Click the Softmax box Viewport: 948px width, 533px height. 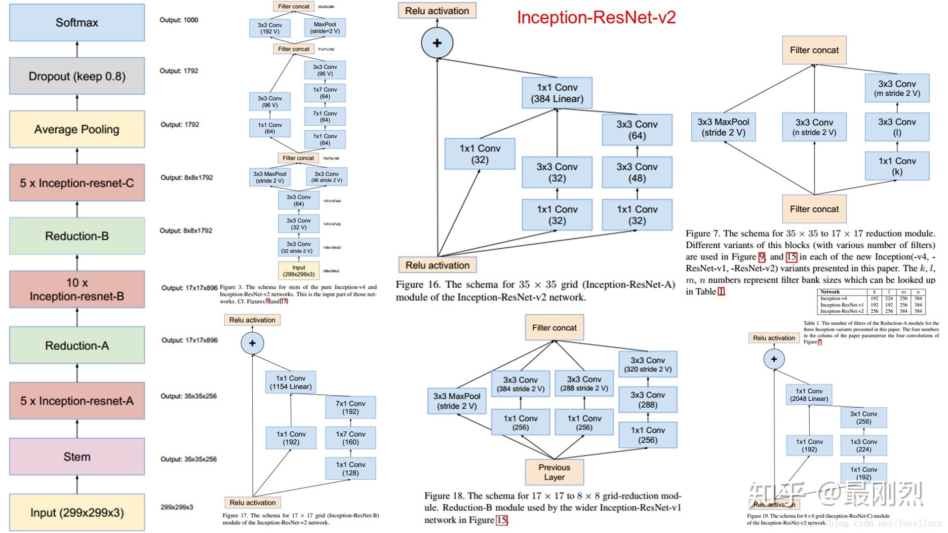77,23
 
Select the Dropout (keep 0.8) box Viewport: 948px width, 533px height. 77,76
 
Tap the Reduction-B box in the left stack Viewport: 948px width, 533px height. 77,236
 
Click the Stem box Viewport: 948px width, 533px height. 77,457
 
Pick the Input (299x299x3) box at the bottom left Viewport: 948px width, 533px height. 77,512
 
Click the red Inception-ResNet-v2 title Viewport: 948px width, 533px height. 596,17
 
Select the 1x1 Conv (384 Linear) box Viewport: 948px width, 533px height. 557,93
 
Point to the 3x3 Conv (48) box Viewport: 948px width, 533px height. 637,172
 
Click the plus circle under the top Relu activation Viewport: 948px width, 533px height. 437,43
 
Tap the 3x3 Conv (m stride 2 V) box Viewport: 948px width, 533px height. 897,88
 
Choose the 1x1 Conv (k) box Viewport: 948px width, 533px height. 897,166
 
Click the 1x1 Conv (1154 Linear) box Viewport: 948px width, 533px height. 291,382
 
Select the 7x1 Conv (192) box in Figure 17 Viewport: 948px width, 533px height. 351,407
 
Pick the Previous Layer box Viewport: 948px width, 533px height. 554,472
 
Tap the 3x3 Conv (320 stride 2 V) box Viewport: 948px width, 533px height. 648,364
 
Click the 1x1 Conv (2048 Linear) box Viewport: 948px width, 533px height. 809,395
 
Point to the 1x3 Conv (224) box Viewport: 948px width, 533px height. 864,445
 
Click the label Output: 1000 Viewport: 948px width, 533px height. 179,20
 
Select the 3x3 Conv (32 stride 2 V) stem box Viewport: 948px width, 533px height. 299,247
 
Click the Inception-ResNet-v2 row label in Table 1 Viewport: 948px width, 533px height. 842,311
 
